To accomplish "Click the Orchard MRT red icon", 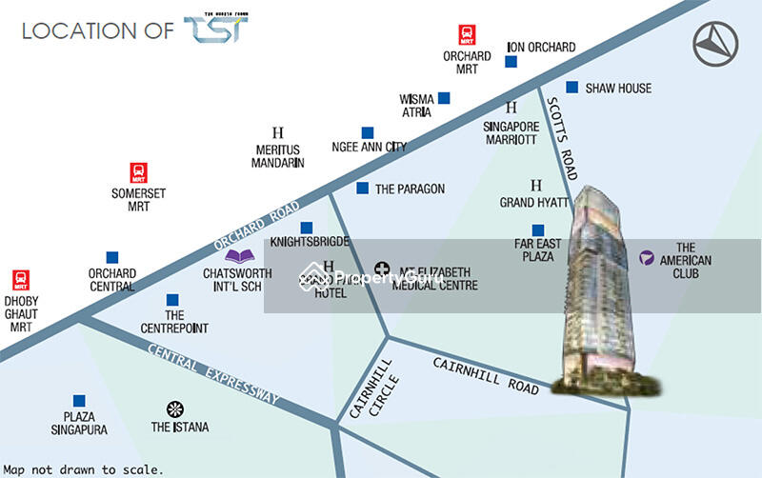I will tap(467, 35).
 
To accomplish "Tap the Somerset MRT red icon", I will tap(139, 172).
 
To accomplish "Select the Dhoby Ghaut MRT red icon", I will tap(21, 279).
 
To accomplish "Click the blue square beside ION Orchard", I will tap(511, 62).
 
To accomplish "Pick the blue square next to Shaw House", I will tap(571, 88).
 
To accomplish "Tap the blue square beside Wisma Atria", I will tap(444, 98).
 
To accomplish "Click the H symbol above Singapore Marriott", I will tap(511, 109).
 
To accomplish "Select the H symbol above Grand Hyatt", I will tap(535, 185).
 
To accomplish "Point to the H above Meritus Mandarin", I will tap(278, 132).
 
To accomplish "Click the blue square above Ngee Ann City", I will tap(367, 132).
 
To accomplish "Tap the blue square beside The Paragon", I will tap(362, 189).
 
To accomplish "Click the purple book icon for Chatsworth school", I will tap(238, 255).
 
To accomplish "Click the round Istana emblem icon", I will tap(174, 409).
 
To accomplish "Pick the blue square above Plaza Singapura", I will tap(79, 402).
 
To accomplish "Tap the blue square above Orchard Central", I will tap(112, 257).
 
